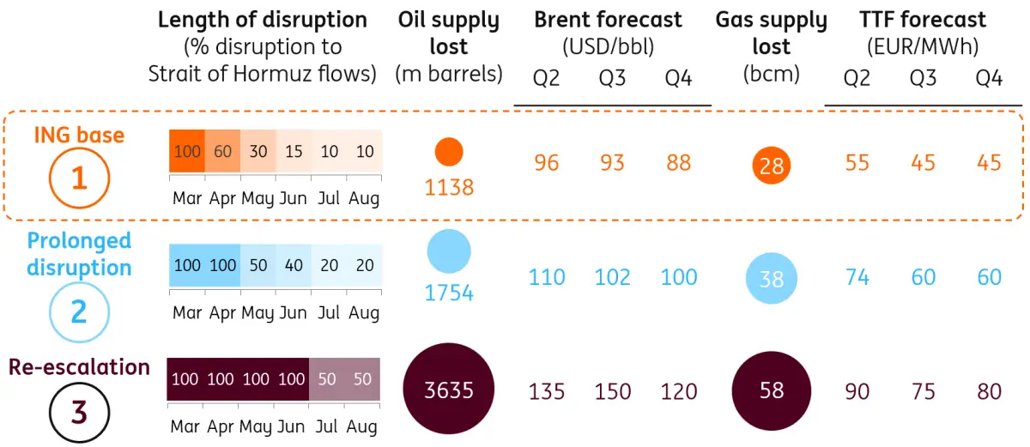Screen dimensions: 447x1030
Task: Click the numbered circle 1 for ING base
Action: click(x=79, y=178)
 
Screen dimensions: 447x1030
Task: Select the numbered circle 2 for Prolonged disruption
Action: click(x=78, y=310)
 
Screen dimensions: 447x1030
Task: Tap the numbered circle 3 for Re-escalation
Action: click(x=78, y=412)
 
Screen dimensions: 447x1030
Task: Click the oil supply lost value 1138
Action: click(x=449, y=187)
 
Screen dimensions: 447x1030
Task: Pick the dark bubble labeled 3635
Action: click(x=450, y=390)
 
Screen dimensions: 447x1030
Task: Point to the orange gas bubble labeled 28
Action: click(x=771, y=166)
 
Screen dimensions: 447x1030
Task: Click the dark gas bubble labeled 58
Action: click(x=771, y=390)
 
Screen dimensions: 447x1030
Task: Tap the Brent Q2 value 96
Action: click(x=546, y=162)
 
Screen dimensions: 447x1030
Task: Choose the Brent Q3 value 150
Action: click(x=612, y=391)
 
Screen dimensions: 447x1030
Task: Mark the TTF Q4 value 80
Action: click(x=989, y=391)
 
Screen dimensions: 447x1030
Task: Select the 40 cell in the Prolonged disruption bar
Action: click(x=294, y=265)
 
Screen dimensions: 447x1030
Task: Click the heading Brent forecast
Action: click(x=608, y=20)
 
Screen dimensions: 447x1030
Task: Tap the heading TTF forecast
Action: click(x=923, y=20)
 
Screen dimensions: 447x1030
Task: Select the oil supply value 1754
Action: click(x=449, y=293)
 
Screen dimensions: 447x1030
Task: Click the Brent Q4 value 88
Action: click(x=678, y=162)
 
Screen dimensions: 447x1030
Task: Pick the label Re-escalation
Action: click(x=79, y=367)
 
